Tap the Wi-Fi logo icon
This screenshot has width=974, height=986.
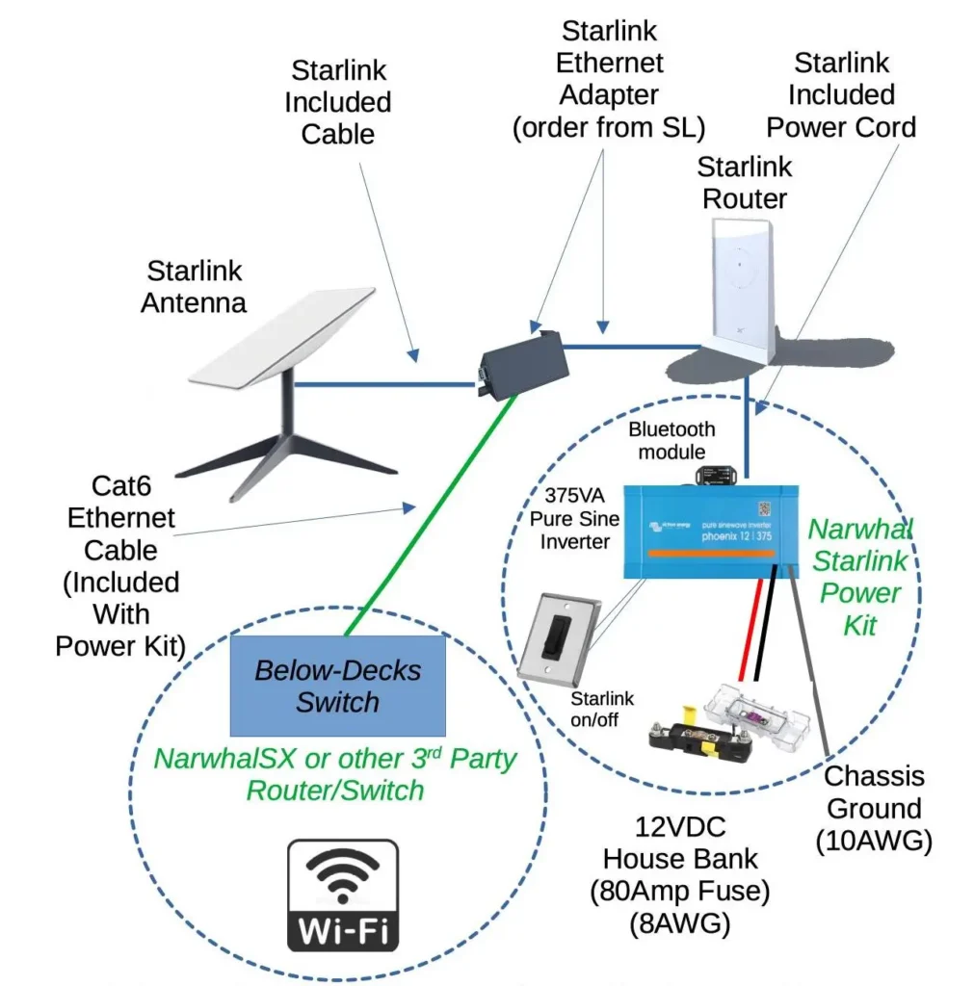pos(342,895)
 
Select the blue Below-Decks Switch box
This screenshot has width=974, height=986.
pos(337,685)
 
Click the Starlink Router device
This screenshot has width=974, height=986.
pos(747,289)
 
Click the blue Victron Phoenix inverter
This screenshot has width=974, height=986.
pos(713,530)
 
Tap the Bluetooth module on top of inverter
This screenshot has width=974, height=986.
pos(719,473)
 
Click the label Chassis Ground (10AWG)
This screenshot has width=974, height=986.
pos(874,808)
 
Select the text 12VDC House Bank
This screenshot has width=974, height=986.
pos(679,843)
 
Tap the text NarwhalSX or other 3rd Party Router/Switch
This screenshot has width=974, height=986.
pos(335,774)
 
